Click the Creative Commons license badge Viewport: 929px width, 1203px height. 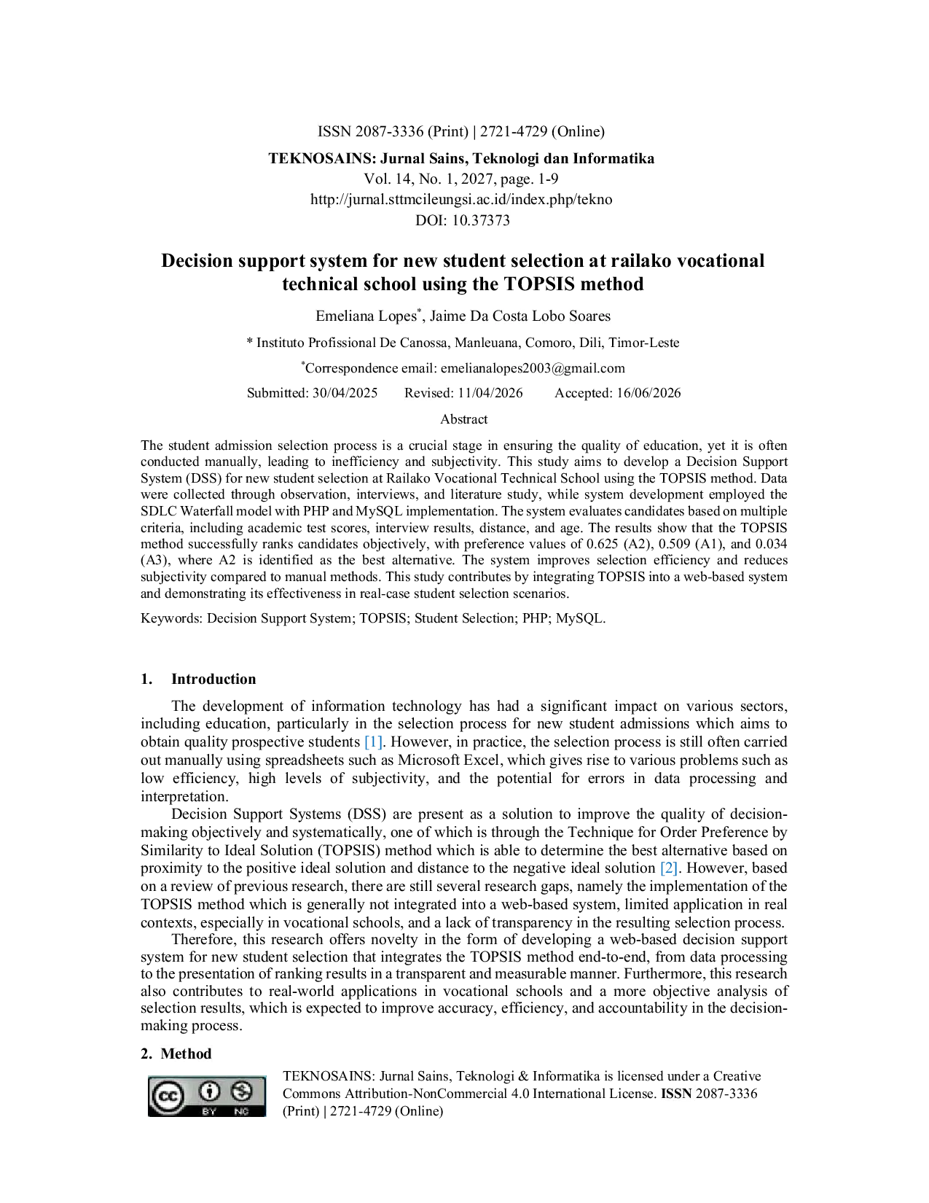point(206,1096)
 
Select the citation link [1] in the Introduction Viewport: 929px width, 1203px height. point(374,741)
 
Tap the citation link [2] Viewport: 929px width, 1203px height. point(669,868)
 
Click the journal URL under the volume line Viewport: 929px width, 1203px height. point(461,199)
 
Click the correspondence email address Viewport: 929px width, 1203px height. point(533,368)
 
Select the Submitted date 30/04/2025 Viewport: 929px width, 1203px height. point(345,392)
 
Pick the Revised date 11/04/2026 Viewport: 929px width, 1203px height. point(490,392)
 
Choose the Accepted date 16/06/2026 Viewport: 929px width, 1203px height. point(648,392)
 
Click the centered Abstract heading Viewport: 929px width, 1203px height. point(463,419)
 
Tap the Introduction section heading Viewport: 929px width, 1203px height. point(213,680)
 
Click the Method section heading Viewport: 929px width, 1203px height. point(186,1054)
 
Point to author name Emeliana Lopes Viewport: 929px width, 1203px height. point(366,316)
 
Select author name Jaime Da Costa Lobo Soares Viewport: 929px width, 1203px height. point(520,316)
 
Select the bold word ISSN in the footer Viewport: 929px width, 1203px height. point(676,1094)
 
